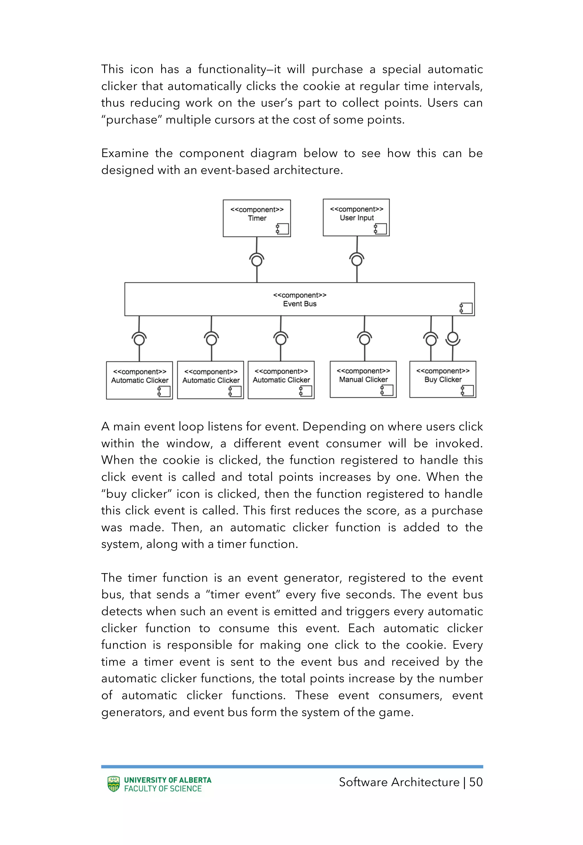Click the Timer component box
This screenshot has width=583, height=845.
pos(256,218)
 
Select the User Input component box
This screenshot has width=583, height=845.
pos(356,217)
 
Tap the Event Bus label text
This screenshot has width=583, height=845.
pos(299,304)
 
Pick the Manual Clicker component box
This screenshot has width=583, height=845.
pos(363,379)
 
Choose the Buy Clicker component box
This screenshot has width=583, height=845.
pos(442,379)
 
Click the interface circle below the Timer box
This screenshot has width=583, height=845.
pos(257,261)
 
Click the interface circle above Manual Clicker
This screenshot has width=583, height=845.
pos(365,340)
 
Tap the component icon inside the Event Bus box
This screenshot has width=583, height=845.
pos(466,308)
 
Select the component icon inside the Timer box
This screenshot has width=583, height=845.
pos(282,229)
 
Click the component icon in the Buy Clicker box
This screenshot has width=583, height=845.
pos(467,391)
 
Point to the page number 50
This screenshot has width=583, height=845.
pos(476,782)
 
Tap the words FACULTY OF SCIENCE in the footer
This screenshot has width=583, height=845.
pos(163,789)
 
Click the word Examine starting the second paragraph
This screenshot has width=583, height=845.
pos(125,153)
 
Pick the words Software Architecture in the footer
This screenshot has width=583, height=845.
pos(399,782)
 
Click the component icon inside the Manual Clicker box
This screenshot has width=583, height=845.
pos(387,390)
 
